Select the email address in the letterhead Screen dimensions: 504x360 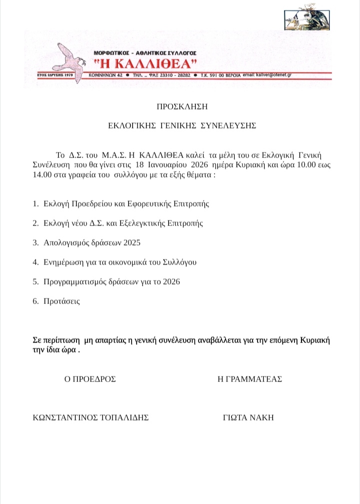click(x=274, y=74)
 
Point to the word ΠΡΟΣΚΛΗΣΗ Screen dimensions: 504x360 click(x=182, y=106)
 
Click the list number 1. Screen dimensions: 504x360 click(x=35, y=204)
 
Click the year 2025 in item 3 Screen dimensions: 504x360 click(x=132, y=243)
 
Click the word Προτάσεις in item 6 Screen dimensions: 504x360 click(x=62, y=301)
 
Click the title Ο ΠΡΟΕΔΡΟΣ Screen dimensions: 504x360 click(x=90, y=379)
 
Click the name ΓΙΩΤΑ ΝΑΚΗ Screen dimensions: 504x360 click(x=248, y=418)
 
